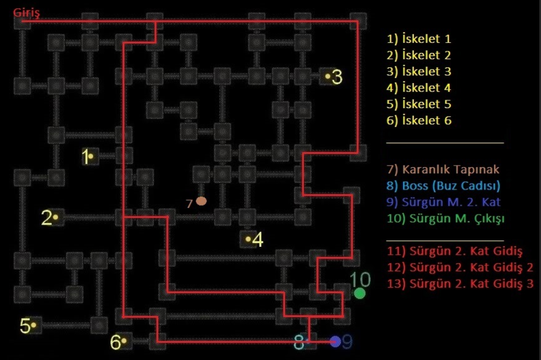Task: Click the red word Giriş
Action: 27,13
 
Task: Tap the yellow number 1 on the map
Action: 85,156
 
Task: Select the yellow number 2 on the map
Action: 47,217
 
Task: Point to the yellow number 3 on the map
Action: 337,77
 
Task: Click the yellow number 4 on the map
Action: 258,240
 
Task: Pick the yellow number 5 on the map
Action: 25,326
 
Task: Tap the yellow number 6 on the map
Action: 115,342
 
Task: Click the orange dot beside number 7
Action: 201,201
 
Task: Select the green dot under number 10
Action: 360,294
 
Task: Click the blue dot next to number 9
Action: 335,342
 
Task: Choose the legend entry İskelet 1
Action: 419,38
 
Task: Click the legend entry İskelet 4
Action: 419,87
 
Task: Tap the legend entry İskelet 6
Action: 419,120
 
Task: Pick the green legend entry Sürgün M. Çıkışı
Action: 446,218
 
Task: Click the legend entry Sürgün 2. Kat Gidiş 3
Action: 460,284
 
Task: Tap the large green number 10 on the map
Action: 360,279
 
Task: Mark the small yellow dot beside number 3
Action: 327,76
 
